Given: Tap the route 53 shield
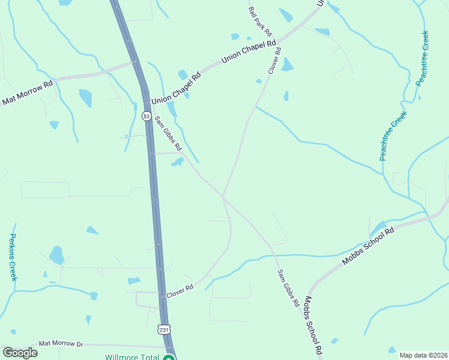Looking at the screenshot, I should coord(146,116).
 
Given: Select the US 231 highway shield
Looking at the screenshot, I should coord(164,329).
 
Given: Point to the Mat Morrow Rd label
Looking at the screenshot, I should coord(27,93).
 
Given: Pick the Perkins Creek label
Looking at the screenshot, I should coord(13,257).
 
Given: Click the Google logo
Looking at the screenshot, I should coord(20,353).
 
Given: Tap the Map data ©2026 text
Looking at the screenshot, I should coord(423,355).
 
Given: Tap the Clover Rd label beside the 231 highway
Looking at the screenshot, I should coord(179,289).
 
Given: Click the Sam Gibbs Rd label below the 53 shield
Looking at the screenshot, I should coord(169,133).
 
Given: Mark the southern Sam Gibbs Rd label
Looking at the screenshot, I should coord(288,289).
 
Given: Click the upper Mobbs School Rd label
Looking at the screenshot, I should coord(367,247).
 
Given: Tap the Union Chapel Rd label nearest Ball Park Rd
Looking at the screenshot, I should coord(249,52).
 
